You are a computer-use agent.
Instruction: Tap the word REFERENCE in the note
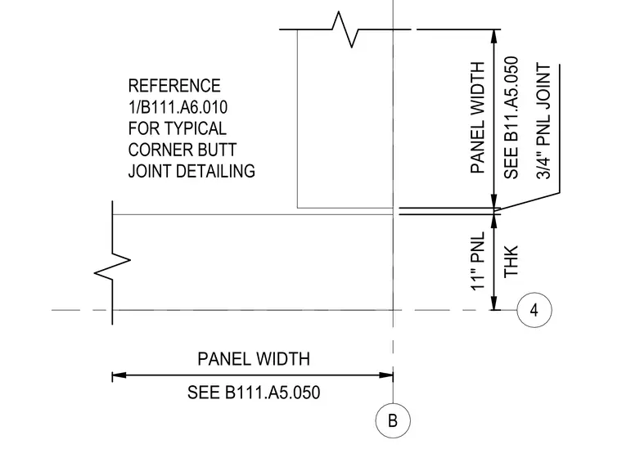174,86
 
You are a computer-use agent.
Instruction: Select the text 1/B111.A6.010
178,107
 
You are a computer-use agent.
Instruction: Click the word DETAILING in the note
215,171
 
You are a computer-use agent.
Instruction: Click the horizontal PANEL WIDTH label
254,359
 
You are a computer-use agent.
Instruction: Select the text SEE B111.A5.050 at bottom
254,393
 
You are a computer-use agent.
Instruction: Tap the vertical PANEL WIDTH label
478,118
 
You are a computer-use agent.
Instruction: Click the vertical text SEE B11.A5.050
511,118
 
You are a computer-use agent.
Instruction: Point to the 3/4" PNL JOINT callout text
544,121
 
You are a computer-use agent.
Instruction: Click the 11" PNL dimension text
478,261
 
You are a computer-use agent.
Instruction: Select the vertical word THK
511,261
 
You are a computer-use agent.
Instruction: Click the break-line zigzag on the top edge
345,29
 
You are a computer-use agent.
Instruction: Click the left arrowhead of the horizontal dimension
119,375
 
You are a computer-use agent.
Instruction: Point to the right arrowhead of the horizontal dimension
386,375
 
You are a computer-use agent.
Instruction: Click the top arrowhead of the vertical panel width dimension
494,37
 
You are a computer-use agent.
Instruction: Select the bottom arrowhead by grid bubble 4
494,303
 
